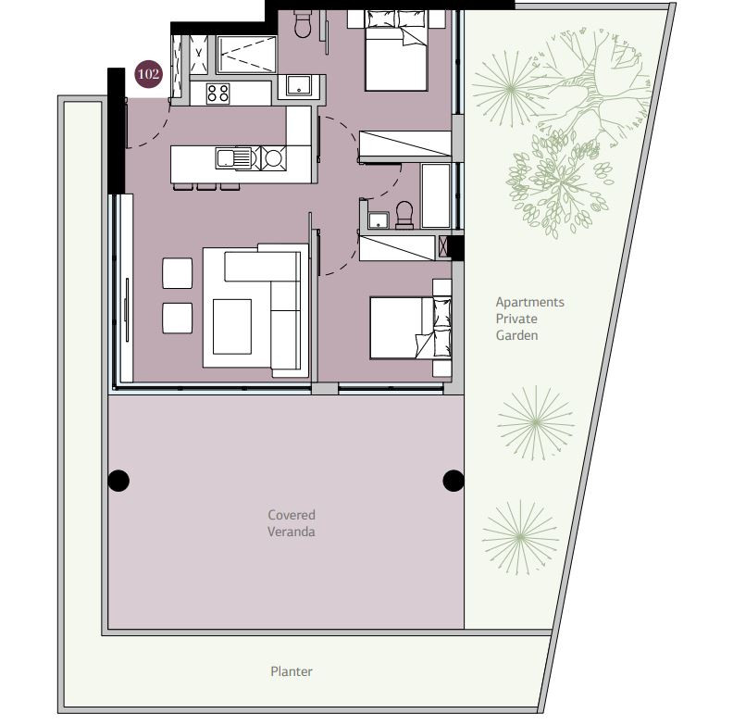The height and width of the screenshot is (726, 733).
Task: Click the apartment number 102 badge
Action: [149, 74]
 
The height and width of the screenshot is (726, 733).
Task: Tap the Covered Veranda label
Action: [292, 523]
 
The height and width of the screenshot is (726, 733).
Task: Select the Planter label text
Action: [292, 671]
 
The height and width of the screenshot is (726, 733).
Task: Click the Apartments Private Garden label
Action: [529, 319]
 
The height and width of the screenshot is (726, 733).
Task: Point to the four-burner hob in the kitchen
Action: [217, 94]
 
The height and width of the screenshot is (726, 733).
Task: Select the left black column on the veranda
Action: [118, 481]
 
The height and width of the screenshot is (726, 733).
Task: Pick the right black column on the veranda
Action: [453, 481]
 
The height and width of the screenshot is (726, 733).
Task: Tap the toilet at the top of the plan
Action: [303, 24]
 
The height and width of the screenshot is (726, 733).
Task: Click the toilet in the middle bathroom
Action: [404, 215]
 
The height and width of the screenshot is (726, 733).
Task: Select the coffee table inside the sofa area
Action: [232, 327]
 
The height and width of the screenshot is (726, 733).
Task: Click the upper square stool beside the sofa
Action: [177, 273]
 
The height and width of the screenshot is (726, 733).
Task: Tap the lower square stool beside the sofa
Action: [177, 319]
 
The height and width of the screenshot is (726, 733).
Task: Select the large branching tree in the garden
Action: [593, 84]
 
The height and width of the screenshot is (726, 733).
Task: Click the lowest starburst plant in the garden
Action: [520, 538]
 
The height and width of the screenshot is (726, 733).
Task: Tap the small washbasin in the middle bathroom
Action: [379, 220]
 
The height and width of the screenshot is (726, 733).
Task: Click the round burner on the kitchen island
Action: [273, 158]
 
